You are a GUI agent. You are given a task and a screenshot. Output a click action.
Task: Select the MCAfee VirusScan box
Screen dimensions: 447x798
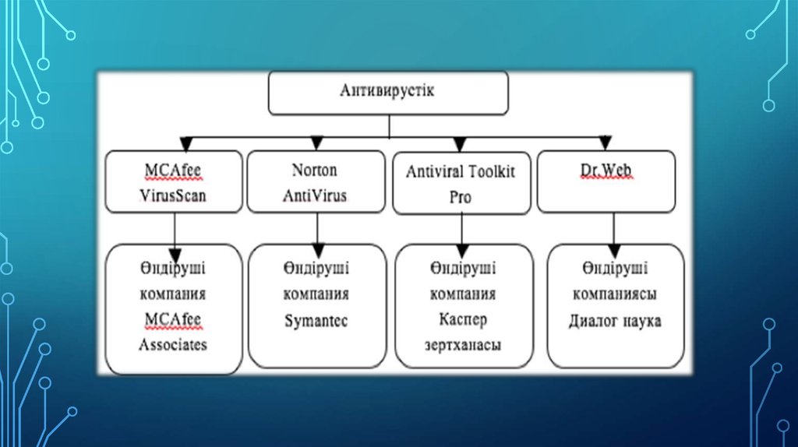coord(174,181)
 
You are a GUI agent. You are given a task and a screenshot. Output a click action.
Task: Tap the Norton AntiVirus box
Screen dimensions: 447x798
coord(316,181)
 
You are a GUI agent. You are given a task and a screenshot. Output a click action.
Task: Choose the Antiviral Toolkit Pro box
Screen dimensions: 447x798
coord(461,184)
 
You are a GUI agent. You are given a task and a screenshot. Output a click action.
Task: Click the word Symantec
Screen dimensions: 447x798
coord(315,321)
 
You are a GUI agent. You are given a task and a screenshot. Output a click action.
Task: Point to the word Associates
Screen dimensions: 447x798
coord(173,343)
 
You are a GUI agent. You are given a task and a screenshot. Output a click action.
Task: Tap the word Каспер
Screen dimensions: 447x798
coord(461,319)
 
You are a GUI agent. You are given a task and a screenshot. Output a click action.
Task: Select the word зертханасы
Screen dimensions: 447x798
coord(461,343)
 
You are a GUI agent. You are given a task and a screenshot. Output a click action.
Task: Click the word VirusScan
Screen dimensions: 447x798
coord(173,195)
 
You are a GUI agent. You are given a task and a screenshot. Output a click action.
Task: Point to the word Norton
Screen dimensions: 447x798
coord(315,169)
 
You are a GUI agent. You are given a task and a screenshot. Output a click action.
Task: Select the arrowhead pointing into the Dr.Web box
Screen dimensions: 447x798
coord(605,143)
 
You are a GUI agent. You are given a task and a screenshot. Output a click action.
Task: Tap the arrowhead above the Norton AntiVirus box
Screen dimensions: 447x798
coord(316,143)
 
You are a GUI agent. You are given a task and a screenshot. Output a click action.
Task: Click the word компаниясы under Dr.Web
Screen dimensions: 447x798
coord(615,295)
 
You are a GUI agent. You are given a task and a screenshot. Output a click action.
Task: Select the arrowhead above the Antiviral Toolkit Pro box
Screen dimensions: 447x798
coord(460,144)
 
